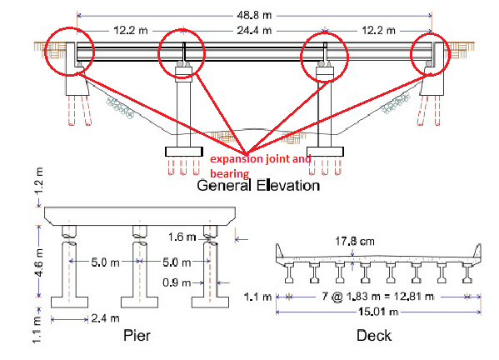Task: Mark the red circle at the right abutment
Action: click(431, 52)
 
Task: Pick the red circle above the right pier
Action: click(324, 53)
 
